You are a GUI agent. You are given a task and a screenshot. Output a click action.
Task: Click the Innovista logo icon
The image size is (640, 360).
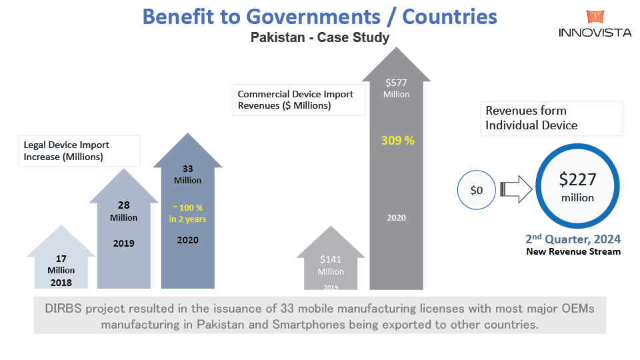pyautogui.click(x=595, y=18)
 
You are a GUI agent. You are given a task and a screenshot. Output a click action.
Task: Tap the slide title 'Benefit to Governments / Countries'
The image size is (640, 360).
pyautogui.click(x=320, y=16)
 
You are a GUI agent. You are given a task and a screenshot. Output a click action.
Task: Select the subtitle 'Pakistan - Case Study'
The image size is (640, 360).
pyautogui.click(x=320, y=37)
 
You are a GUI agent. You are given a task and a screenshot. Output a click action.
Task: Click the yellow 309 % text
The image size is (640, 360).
pyautogui.click(x=398, y=141)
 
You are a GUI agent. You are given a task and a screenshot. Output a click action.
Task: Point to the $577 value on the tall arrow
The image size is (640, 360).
pyautogui.click(x=397, y=83)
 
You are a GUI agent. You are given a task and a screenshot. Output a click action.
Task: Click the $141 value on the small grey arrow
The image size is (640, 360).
pyautogui.click(x=331, y=259)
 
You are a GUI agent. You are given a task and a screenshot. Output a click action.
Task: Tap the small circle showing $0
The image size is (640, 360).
pyautogui.click(x=477, y=191)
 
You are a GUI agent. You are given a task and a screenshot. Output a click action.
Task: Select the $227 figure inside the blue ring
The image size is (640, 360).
pyautogui.click(x=577, y=179)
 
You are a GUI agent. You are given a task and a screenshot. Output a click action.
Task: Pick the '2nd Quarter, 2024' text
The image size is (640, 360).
pyautogui.click(x=573, y=239)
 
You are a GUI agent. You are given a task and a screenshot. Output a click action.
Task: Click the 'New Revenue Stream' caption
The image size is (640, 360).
pyautogui.click(x=573, y=251)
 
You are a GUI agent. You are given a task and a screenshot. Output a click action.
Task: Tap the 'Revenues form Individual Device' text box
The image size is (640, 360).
pyautogui.click(x=551, y=118)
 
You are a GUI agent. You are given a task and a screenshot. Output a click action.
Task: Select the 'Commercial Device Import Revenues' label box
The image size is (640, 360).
pyautogui.click(x=299, y=99)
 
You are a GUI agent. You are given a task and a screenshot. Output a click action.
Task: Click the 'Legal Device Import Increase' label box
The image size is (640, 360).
pyautogui.click(x=79, y=150)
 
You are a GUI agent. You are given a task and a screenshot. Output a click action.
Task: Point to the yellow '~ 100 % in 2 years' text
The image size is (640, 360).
pyautogui.click(x=187, y=214)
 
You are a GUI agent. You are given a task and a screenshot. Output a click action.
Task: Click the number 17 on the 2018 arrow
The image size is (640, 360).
pyautogui.click(x=61, y=259)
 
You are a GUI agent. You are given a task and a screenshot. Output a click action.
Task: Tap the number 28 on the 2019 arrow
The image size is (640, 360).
pyautogui.click(x=123, y=206)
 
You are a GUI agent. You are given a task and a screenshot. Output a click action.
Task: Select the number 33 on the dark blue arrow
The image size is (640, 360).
pyautogui.click(x=187, y=169)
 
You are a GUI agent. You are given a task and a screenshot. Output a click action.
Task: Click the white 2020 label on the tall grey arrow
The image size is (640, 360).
pyautogui.click(x=396, y=217)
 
